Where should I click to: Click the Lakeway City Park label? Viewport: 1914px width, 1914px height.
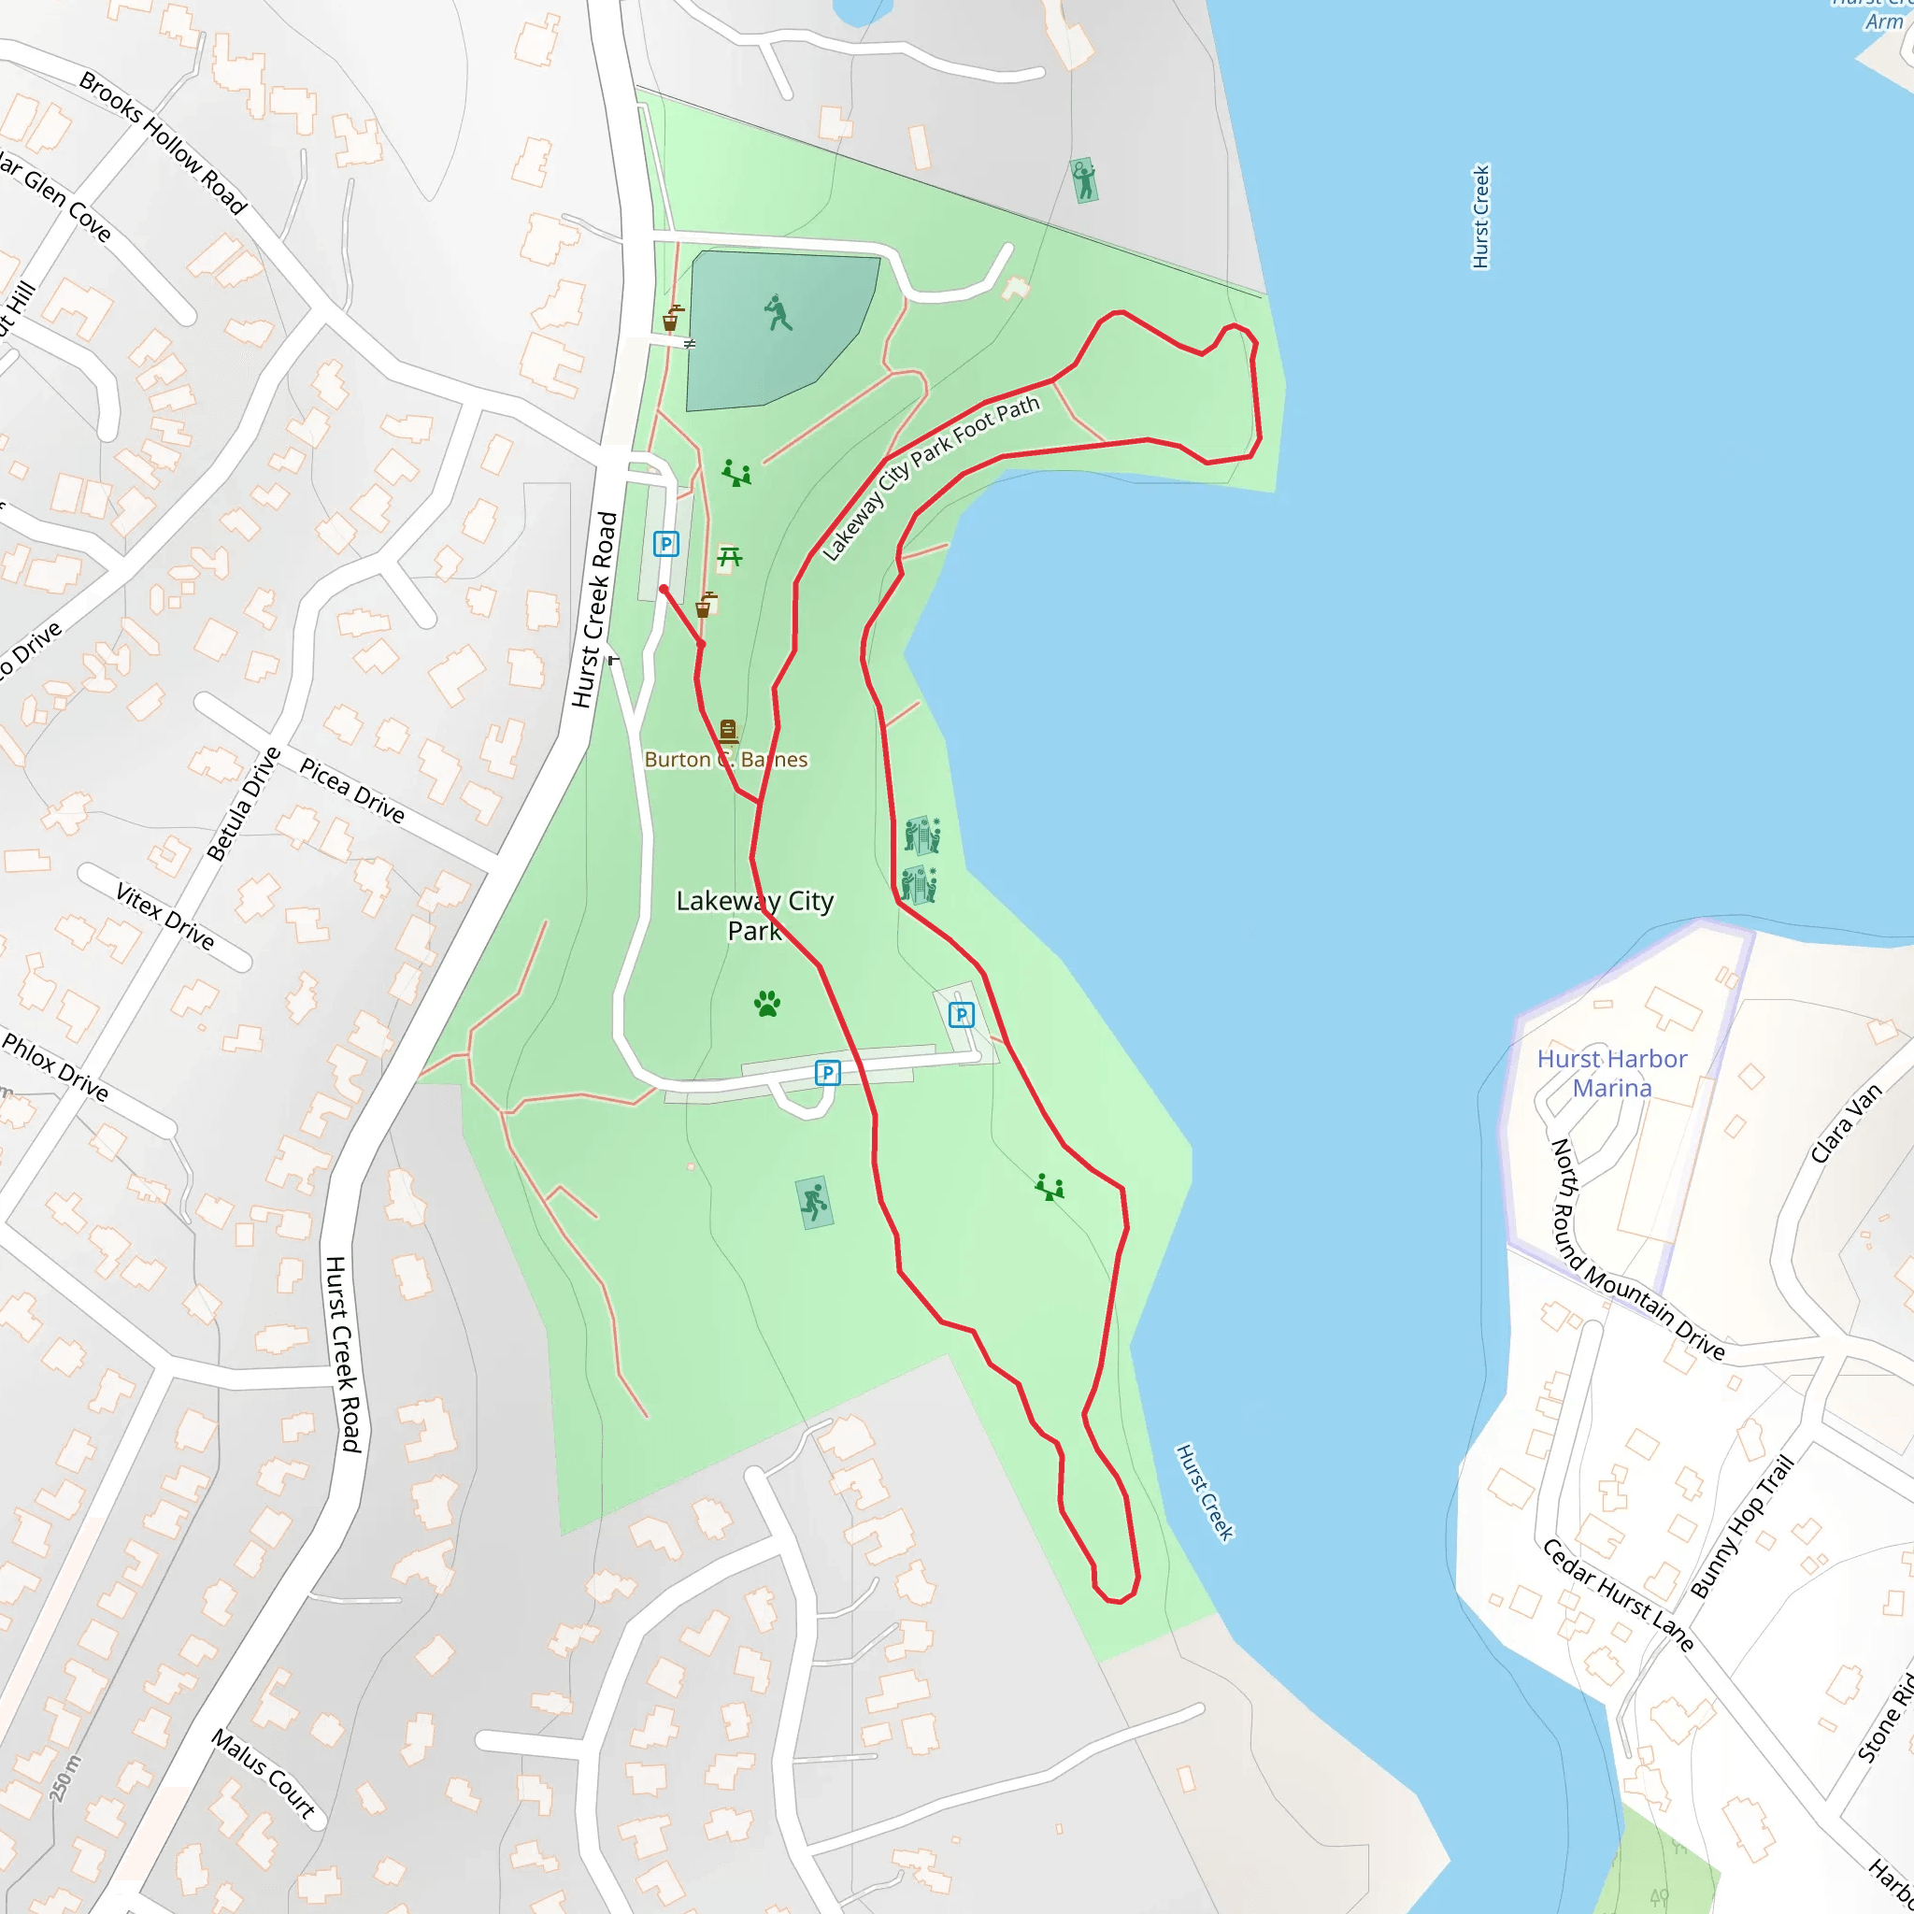coord(755,915)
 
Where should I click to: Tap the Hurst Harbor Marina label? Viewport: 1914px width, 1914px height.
coord(1612,1073)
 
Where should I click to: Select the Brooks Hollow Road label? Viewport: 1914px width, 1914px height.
coord(164,143)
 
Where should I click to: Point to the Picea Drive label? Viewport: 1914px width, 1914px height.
coord(352,791)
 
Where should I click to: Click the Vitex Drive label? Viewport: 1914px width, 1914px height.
coord(165,917)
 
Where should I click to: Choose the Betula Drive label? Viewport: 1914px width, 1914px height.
coord(244,804)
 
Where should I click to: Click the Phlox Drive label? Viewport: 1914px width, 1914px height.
coord(55,1067)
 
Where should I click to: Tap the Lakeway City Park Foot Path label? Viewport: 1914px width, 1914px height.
coord(930,478)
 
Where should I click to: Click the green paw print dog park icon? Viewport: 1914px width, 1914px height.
coord(766,1004)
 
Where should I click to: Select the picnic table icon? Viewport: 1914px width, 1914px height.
coord(729,557)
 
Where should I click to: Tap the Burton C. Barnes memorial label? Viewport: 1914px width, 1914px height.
coord(726,759)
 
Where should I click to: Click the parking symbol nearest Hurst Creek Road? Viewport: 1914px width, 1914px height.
coord(665,544)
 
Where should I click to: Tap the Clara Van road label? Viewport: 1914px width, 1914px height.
coord(1846,1123)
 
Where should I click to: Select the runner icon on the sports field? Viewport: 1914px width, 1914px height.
coord(778,312)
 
